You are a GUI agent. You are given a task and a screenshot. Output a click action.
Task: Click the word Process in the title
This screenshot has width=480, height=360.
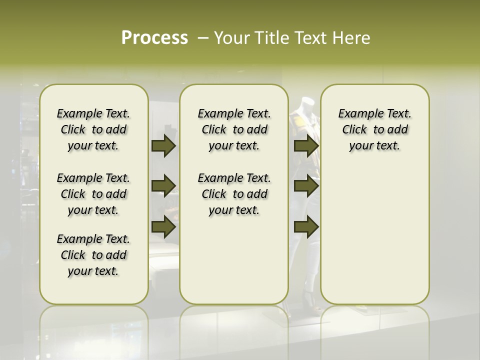[154, 38]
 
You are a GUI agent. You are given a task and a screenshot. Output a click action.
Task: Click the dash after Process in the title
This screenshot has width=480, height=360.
[202, 38]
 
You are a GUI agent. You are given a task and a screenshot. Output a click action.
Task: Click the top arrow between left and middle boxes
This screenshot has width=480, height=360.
[163, 146]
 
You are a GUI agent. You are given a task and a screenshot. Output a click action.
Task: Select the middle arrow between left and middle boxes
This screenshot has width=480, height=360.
[163, 186]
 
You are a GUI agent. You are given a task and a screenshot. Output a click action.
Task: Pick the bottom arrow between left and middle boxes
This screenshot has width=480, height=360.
[163, 227]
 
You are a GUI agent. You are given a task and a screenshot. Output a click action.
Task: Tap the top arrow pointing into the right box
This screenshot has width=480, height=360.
[306, 146]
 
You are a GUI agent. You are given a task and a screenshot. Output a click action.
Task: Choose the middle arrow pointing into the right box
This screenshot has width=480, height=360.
[306, 186]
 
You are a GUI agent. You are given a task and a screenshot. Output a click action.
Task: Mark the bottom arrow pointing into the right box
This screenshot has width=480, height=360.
[306, 227]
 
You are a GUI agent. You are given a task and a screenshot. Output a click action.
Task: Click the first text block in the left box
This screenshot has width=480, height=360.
[93, 129]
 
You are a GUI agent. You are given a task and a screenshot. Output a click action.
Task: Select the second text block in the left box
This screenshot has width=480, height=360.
[93, 194]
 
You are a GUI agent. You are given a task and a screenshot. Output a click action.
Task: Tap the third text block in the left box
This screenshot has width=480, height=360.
[93, 255]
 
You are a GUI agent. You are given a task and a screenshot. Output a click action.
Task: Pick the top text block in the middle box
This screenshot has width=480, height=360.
[234, 129]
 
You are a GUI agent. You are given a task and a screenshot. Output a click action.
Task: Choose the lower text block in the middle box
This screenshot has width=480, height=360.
[234, 194]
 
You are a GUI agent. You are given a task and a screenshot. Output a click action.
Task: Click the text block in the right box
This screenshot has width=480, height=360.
[374, 129]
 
